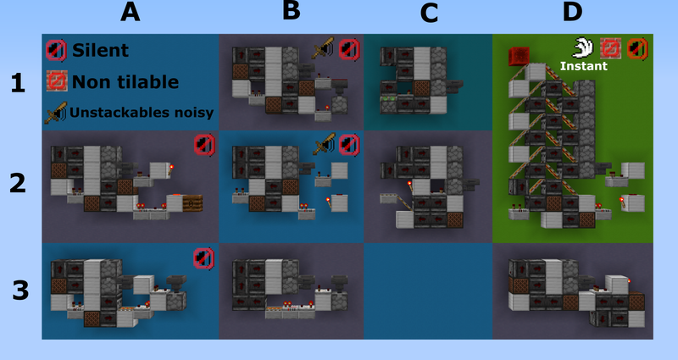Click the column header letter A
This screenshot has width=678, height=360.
(131, 12)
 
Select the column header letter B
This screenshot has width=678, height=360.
(292, 10)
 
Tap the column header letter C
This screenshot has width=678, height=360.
(429, 13)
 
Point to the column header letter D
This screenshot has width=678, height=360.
(573, 12)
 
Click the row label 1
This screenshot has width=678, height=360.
(18, 82)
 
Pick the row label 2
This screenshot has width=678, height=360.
(18, 183)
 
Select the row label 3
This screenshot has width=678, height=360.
(20, 290)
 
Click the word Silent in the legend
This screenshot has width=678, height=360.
(100, 50)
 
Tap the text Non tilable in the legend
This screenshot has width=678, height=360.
(125, 81)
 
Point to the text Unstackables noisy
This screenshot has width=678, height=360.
(142, 113)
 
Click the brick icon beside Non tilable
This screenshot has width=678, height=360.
(57, 81)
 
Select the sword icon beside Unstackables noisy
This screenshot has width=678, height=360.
(55, 113)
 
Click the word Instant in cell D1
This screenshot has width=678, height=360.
(584, 66)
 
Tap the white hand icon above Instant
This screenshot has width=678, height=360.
(583, 47)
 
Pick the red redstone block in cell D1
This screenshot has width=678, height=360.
(519, 56)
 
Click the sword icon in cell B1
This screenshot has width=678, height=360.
(323, 48)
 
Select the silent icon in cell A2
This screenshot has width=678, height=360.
(204, 144)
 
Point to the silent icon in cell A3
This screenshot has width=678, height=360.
(204, 258)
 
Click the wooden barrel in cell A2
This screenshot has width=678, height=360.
(192, 203)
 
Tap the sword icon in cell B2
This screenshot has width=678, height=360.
(325, 144)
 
